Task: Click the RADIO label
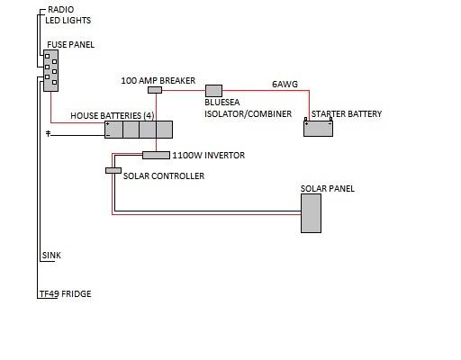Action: pos(61,10)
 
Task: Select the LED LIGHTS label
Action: pos(68,21)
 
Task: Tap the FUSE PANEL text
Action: pos(71,45)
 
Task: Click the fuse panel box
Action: pos(50,70)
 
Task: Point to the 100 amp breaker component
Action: pos(155,90)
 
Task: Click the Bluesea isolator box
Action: pos(213,91)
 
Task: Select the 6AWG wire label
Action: pos(285,85)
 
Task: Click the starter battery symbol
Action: pos(318,128)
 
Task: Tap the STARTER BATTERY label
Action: pos(347,114)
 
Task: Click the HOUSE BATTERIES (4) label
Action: pos(113,116)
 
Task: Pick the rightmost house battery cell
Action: pos(164,130)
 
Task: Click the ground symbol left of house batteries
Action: pos(48,133)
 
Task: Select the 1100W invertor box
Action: pos(156,155)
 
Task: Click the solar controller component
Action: pos(113,170)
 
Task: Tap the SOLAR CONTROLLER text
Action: pos(164,175)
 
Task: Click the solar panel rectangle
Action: pos(312,213)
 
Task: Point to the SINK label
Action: pos(51,256)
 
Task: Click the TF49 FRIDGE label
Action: pos(66,293)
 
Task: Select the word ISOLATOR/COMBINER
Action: pos(248,114)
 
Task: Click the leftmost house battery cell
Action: pos(113,130)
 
